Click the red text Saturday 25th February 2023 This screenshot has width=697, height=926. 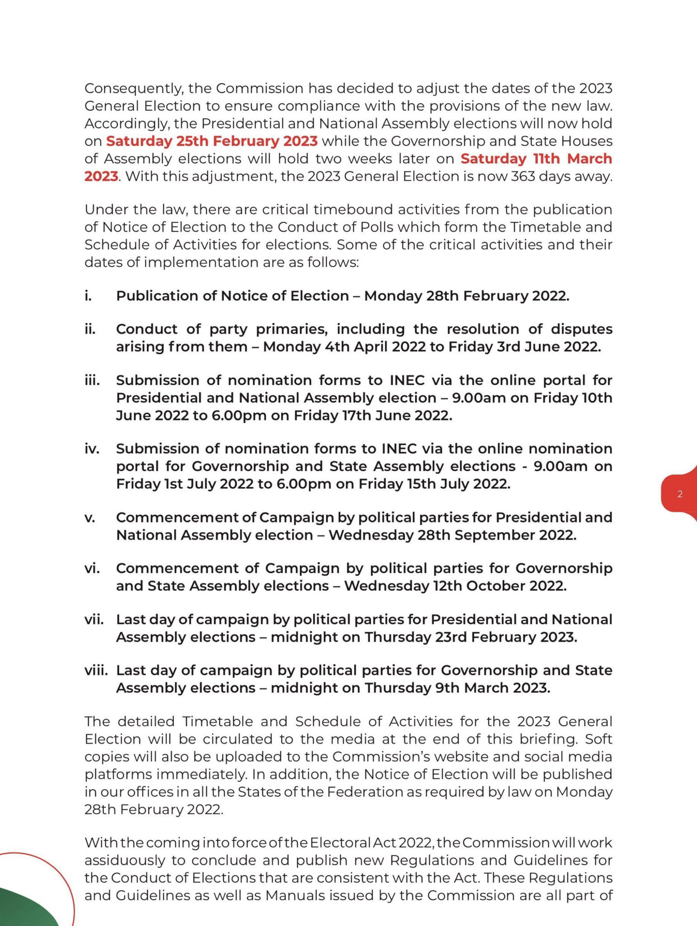(x=212, y=141)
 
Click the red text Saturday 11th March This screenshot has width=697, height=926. (x=536, y=159)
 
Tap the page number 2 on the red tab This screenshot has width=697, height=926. (x=680, y=494)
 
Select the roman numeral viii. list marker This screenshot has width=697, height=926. (x=96, y=670)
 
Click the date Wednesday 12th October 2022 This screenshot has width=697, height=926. (x=455, y=586)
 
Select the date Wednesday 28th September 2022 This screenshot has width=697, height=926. (x=452, y=535)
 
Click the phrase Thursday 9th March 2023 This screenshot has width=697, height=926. (x=457, y=688)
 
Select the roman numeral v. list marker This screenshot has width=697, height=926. (x=89, y=517)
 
